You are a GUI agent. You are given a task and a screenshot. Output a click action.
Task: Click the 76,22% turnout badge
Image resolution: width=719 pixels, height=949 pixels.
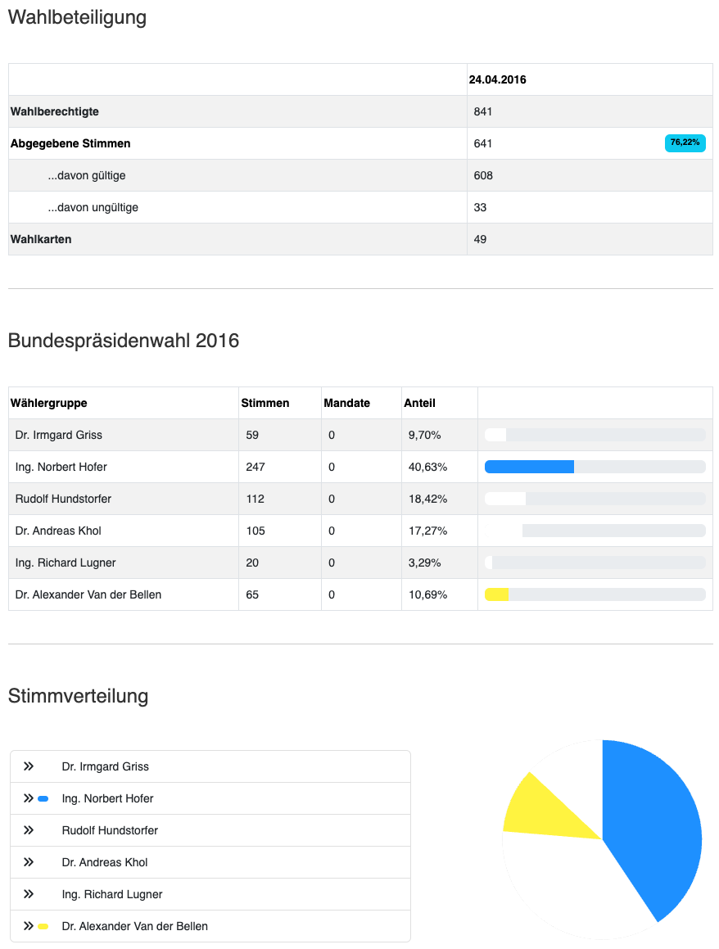point(685,143)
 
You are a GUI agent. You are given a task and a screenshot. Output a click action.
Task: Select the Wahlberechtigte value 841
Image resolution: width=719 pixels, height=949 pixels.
point(483,111)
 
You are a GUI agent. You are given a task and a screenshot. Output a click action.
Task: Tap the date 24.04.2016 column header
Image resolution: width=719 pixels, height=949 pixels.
point(498,80)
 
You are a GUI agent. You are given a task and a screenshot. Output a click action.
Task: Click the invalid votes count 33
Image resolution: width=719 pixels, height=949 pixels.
point(481,207)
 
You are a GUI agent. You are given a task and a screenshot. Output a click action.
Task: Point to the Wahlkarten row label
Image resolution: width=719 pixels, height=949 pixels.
point(41,239)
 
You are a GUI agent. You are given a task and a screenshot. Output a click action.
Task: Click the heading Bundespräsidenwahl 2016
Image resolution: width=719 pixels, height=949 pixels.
point(124,341)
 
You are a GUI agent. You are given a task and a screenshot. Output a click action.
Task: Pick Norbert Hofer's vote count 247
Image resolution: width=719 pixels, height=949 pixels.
point(255,467)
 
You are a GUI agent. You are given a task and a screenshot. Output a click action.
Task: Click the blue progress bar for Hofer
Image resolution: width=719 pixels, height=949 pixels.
point(529,467)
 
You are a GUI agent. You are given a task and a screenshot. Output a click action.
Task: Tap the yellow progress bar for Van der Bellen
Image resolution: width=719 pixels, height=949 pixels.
point(497,594)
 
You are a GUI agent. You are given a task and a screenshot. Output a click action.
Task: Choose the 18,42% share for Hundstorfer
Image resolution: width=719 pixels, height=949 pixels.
point(427,499)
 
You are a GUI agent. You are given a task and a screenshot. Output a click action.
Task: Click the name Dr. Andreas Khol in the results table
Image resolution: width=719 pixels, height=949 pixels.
point(58,531)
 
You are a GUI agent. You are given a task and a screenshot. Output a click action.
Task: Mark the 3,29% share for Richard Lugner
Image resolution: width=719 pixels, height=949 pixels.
point(425,563)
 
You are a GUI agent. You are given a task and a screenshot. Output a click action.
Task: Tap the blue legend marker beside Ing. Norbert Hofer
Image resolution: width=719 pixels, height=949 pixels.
point(43,798)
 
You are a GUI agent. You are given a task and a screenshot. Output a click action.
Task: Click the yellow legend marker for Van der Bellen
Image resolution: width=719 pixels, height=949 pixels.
point(43,926)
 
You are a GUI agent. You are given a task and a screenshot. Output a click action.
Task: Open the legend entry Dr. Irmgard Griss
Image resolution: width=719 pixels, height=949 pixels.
point(105,766)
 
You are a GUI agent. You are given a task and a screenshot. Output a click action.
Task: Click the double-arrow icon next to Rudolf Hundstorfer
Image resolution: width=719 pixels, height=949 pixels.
point(29,830)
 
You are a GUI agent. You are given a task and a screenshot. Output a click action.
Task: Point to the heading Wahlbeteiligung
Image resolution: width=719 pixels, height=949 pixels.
point(77,18)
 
